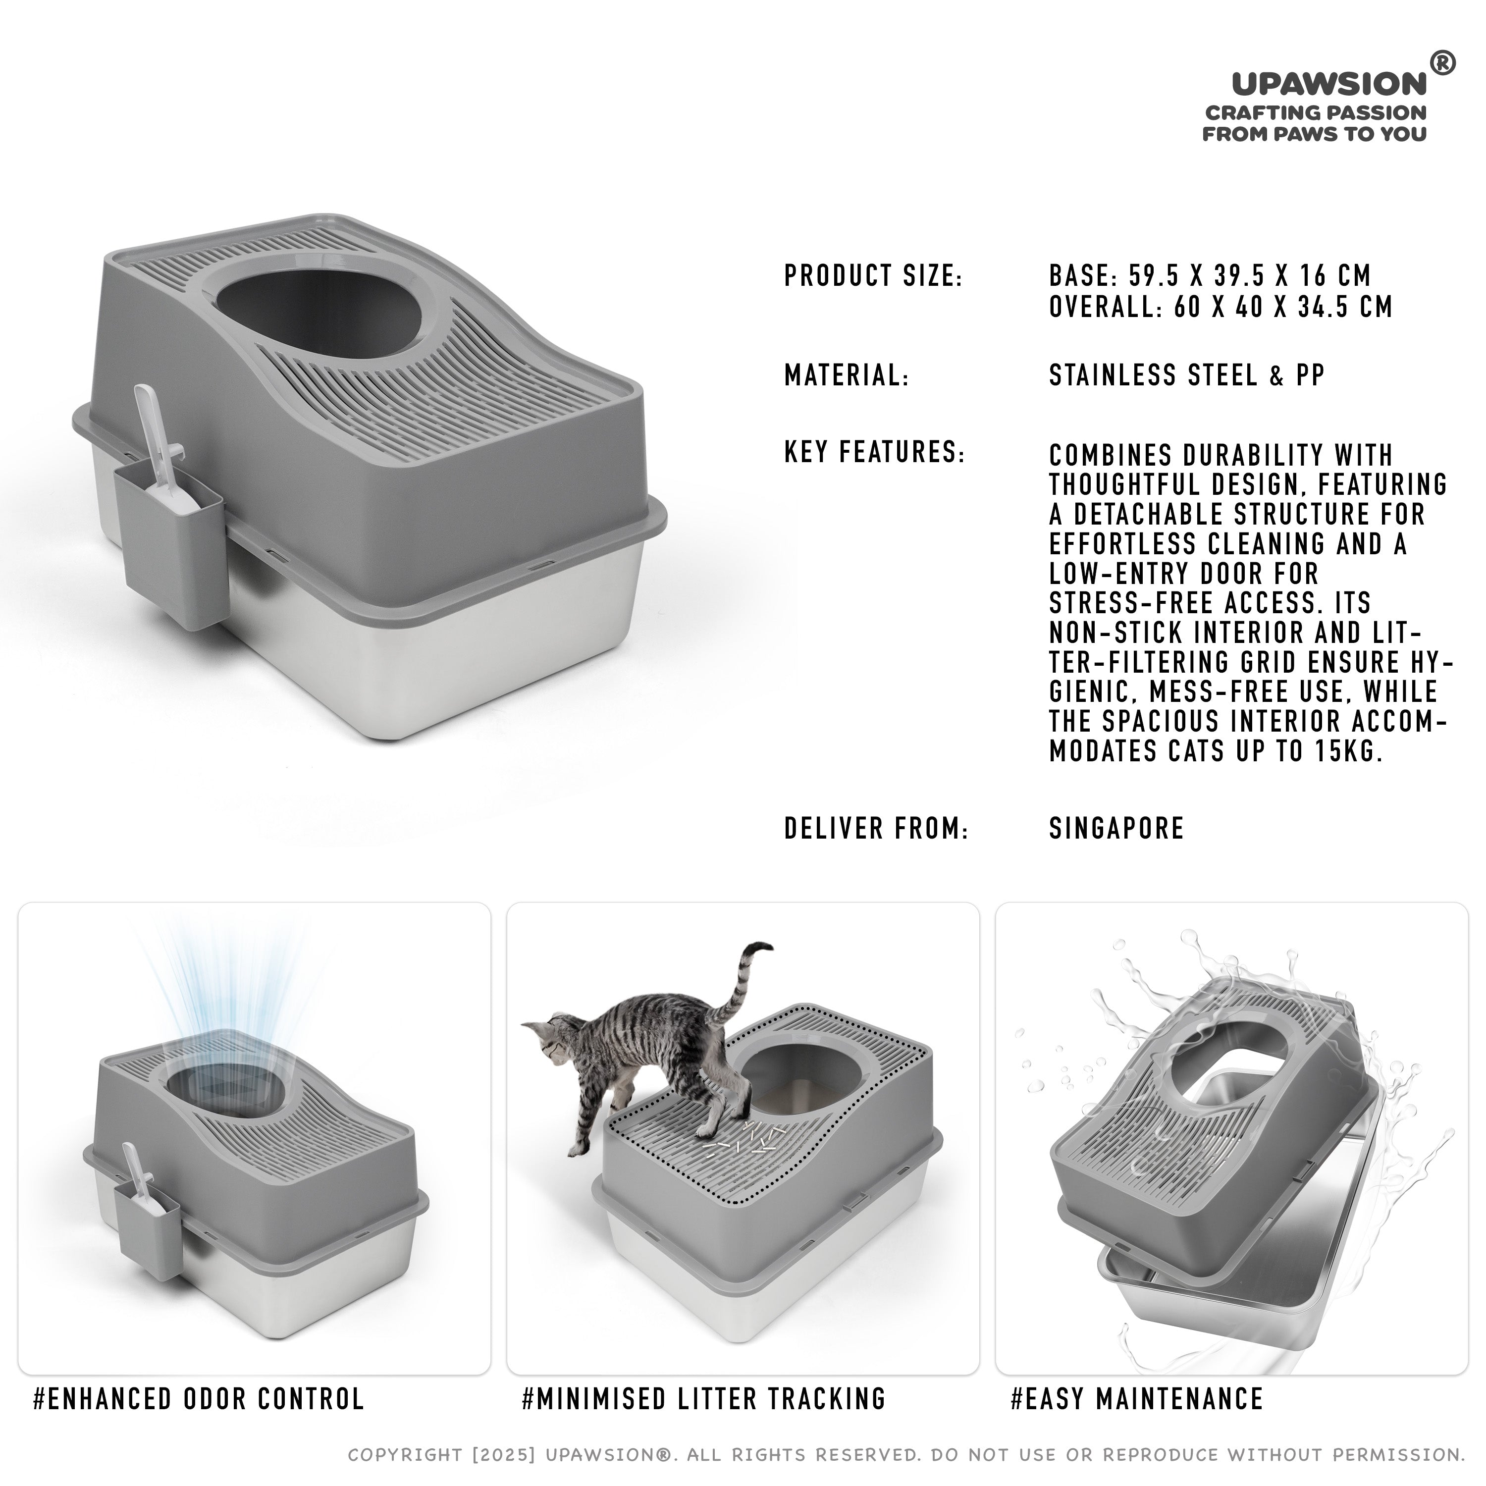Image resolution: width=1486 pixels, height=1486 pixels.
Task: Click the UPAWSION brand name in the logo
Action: tap(1329, 84)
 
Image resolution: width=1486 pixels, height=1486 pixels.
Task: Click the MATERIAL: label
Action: tap(846, 375)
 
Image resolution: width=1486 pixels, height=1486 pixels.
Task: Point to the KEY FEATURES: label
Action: tap(875, 452)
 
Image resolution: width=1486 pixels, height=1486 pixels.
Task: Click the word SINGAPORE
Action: tap(1116, 828)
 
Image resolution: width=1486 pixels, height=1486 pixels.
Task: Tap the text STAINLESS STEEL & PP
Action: tap(1187, 375)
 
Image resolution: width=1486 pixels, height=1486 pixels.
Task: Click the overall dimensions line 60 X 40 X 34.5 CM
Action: tap(1221, 307)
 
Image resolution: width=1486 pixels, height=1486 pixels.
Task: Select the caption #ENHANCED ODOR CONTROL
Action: tap(199, 1398)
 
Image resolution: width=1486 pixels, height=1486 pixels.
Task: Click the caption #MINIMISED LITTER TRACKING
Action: tap(704, 1398)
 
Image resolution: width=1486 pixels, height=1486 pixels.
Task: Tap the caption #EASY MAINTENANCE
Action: tap(1137, 1398)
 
